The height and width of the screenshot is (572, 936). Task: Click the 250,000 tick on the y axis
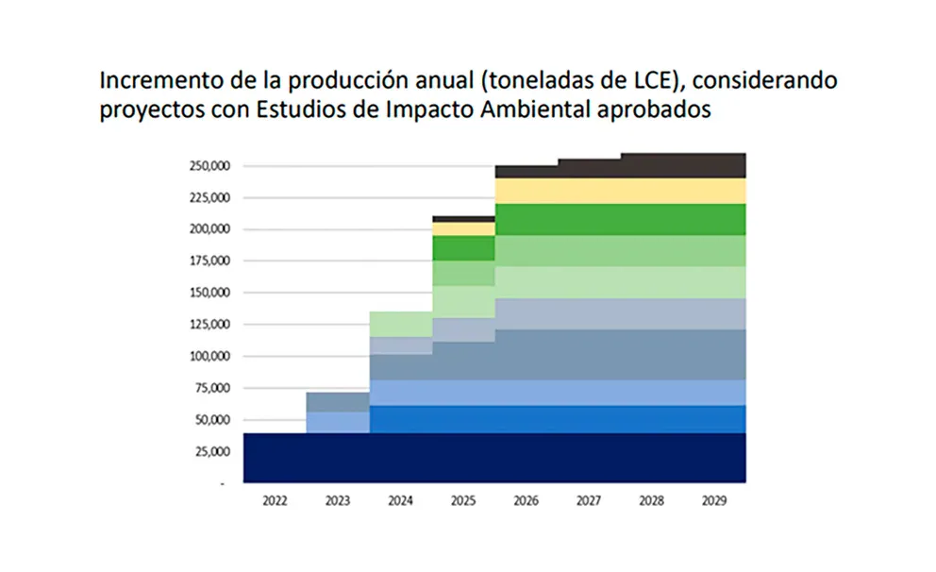210,166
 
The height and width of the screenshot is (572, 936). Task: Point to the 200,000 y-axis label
210,229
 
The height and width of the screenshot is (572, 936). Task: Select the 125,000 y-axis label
210,325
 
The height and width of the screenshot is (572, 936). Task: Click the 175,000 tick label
210,261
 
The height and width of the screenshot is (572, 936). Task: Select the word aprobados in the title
652,109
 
